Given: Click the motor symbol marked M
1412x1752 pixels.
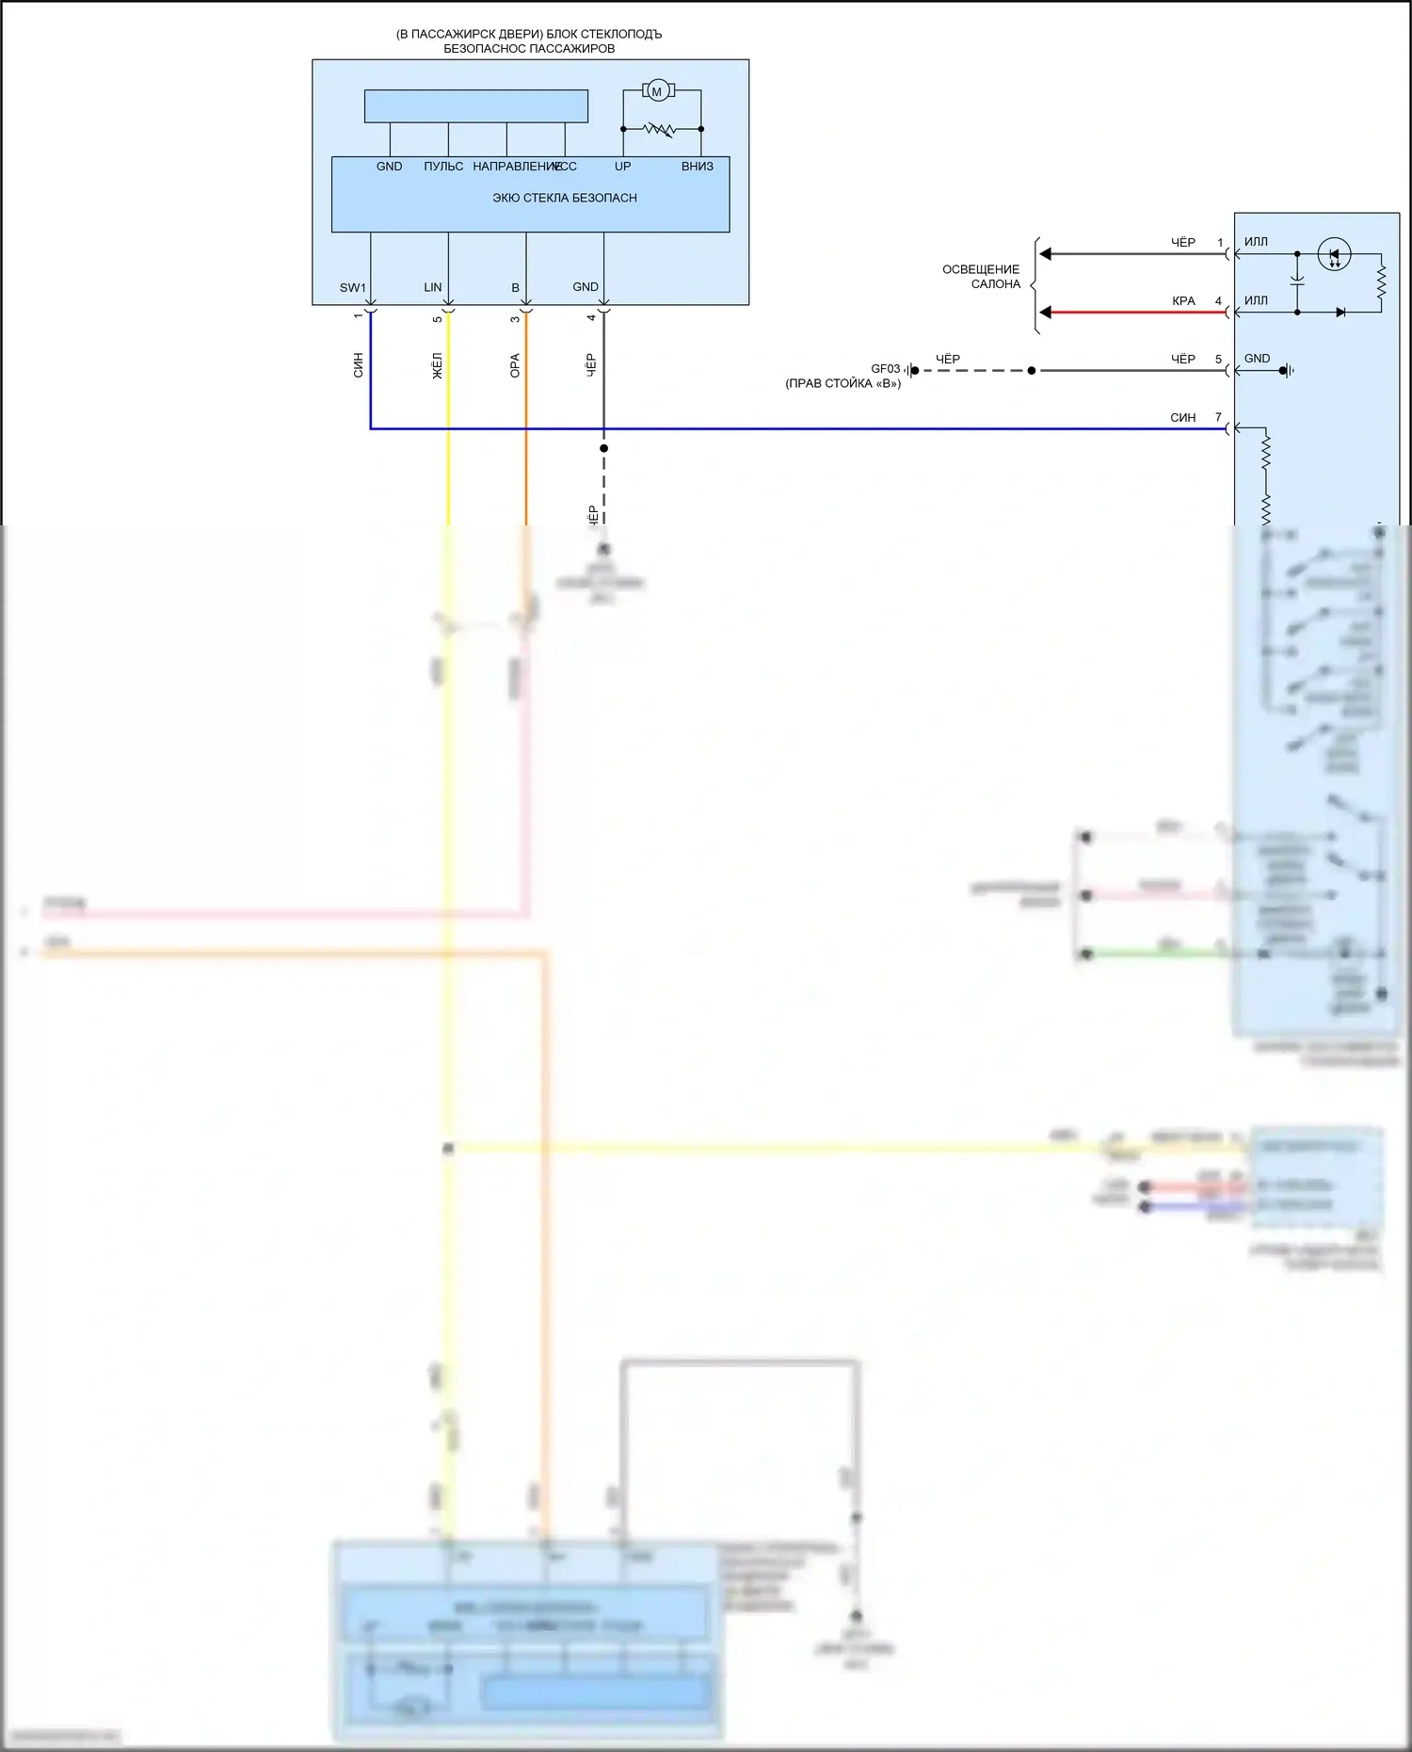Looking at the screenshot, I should (657, 91).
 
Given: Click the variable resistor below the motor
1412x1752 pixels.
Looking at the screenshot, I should (659, 129).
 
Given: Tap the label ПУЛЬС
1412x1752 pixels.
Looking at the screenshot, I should (443, 167).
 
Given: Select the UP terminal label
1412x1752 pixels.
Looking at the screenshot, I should (623, 167).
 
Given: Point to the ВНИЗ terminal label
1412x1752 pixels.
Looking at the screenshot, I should (698, 167).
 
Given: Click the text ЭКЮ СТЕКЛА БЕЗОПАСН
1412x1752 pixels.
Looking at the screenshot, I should (565, 198).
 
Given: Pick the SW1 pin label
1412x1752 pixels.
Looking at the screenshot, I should (352, 287).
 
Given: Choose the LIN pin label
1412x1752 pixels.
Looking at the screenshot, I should (433, 287).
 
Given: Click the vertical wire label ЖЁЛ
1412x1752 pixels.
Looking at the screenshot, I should (437, 365).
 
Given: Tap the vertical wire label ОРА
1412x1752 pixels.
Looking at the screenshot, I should (515, 365).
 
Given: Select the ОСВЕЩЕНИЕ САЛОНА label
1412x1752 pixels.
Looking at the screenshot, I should (981, 276).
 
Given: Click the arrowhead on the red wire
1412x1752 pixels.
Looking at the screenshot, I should (1045, 313).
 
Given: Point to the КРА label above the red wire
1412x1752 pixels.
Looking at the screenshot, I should (1183, 301).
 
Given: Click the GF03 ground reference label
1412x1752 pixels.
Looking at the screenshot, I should (885, 369).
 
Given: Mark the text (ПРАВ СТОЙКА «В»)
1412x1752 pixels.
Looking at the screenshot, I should (842, 384).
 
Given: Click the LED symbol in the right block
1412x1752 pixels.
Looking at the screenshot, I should (1334, 254).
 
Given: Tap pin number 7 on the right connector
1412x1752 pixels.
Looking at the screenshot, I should (1218, 417).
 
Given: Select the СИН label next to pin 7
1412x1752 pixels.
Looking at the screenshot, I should (1182, 417).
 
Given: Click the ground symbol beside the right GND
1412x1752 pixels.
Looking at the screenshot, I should (1287, 371).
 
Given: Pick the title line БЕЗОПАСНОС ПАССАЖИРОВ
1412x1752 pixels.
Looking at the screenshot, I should (529, 49).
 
